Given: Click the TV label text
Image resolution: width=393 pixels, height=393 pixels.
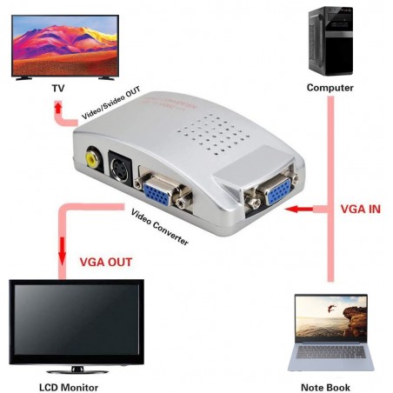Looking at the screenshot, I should [57, 88].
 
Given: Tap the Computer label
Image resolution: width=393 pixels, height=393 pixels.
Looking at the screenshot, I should [330, 88].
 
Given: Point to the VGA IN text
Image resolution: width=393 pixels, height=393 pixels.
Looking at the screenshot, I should [358, 210].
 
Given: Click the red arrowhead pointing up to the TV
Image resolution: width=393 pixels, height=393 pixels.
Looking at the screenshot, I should [57, 106].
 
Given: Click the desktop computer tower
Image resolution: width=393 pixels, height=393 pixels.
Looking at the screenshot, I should [330, 39].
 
